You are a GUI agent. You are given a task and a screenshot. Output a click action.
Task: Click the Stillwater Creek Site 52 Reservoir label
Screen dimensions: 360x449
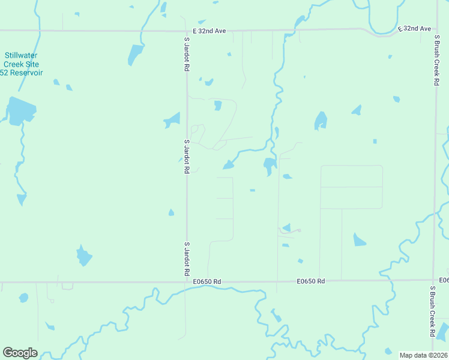click(x=20, y=64)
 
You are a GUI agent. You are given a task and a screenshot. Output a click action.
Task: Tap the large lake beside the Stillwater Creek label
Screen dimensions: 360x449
click(x=21, y=111)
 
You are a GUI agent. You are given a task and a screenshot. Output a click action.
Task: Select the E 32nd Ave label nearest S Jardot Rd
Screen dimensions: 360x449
click(x=209, y=31)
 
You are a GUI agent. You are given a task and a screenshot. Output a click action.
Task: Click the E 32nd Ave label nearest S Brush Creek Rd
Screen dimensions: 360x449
click(x=415, y=28)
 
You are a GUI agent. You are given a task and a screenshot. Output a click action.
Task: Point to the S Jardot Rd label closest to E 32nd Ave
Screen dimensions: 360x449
click(x=187, y=55)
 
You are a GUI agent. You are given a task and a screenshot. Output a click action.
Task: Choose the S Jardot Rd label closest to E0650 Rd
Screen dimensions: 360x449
click(x=187, y=259)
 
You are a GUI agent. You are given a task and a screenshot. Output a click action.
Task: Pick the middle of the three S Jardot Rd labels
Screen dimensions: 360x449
click(x=187, y=157)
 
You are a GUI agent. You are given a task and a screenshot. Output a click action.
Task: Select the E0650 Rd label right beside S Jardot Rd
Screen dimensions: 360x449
click(x=208, y=281)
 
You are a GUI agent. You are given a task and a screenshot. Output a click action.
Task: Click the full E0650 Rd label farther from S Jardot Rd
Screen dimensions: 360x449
click(x=311, y=281)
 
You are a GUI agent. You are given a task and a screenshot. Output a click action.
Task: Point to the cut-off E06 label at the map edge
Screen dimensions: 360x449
click(x=444, y=281)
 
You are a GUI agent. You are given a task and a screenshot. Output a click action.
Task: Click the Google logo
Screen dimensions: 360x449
click(x=20, y=353)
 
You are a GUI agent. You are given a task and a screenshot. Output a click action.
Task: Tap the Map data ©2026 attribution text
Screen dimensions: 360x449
click(x=424, y=355)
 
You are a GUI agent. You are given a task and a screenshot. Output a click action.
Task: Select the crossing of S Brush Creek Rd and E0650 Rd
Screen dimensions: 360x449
click(x=434, y=280)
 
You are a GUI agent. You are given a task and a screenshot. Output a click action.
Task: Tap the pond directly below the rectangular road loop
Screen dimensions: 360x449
click(x=359, y=240)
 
